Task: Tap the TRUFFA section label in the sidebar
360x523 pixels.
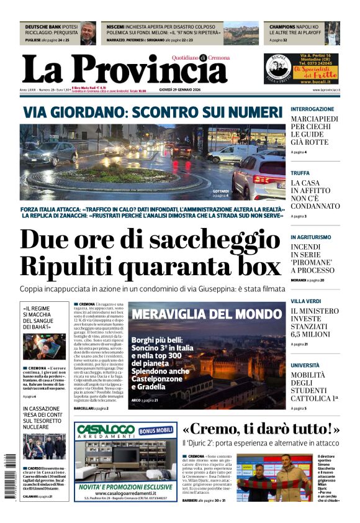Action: coord(300,173)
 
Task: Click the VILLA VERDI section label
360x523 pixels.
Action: coord(306,301)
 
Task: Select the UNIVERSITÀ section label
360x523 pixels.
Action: coord(305,365)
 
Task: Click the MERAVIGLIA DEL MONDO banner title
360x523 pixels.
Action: coord(207,314)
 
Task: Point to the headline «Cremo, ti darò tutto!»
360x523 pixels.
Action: coord(261,429)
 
